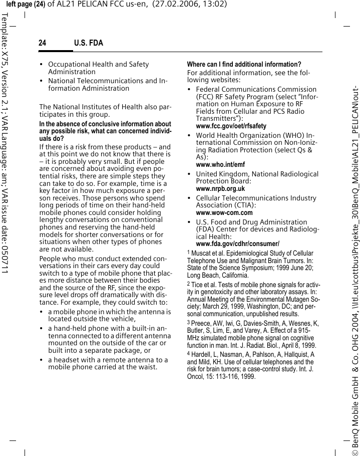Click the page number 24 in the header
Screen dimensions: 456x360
(x=43, y=43)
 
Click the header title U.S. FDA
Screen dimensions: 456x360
(x=89, y=43)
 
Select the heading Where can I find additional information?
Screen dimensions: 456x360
(x=244, y=64)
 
